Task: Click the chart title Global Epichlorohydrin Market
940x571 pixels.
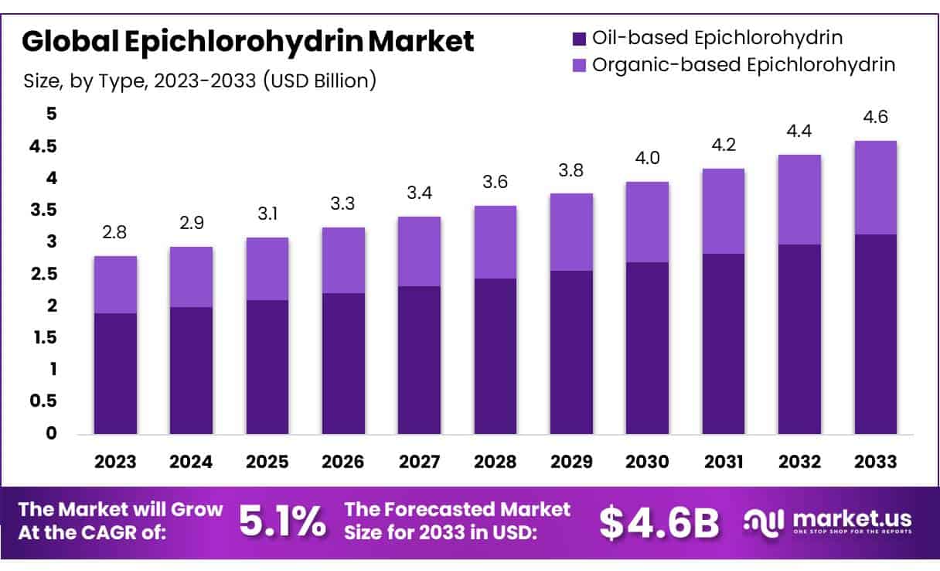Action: click(x=247, y=42)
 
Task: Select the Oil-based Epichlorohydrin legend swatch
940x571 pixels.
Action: click(x=579, y=38)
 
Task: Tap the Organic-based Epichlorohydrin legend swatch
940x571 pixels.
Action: click(x=579, y=65)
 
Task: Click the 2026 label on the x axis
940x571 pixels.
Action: click(x=343, y=462)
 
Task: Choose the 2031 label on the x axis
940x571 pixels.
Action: click(x=724, y=462)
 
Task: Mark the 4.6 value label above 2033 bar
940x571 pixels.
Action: click(x=875, y=118)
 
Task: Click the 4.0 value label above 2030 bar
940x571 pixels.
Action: click(x=647, y=159)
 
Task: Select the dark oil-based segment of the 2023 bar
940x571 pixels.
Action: click(x=116, y=374)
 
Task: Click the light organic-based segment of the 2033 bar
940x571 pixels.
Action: click(x=875, y=188)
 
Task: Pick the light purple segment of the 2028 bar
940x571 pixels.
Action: click(x=496, y=242)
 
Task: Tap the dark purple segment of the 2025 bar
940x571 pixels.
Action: click(x=267, y=367)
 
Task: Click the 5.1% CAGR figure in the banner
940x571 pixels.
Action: click(x=282, y=522)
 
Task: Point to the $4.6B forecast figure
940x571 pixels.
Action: click(x=659, y=522)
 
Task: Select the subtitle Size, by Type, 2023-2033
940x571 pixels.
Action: click(x=199, y=80)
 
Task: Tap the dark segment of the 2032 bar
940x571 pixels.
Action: click(x=799, y=339)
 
